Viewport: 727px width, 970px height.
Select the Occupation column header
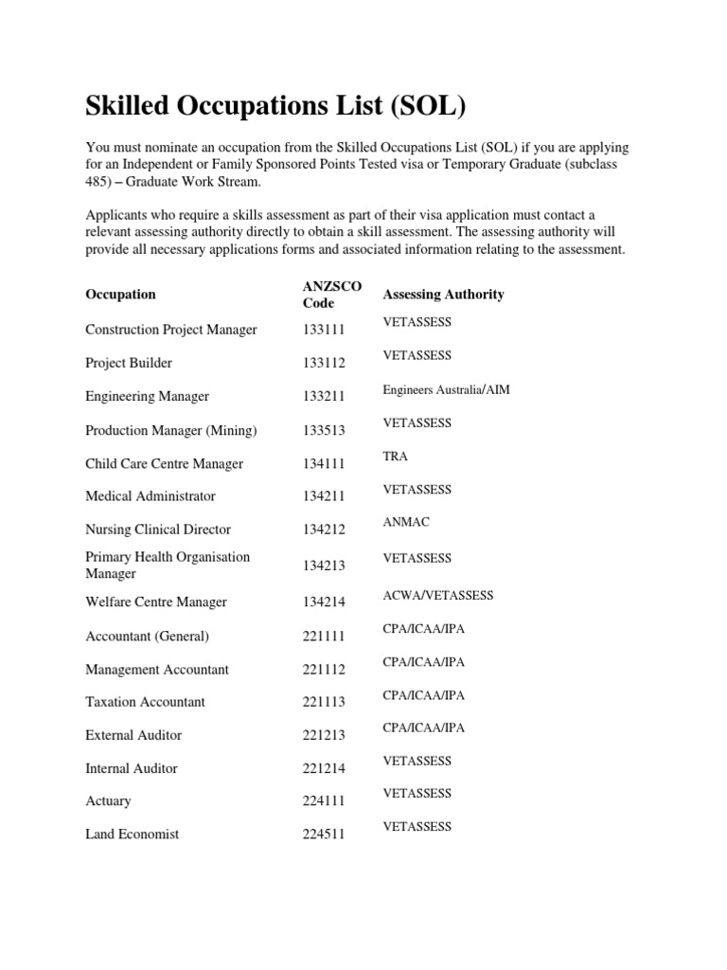(x=120, y=294)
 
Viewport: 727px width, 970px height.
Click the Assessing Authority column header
(x=443, y=294)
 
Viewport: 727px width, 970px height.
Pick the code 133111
(x=324, y=330)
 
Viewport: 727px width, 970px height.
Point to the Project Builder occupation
(x=129, y=363)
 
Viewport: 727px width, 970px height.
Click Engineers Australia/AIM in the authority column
(x=446, y=389)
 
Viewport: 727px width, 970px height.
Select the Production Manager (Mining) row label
(x=170, y=430)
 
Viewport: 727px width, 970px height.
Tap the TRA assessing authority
(x=395, y=456)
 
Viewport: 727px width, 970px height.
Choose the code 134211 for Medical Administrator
(x=324, y=496)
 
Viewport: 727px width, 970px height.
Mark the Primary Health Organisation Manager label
(x=168, y=565)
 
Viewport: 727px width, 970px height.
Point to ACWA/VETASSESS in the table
(x=437, y=595)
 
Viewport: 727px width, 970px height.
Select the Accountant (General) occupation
(x=147, y=636)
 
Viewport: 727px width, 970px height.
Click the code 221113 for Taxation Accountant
(x=324, y=702)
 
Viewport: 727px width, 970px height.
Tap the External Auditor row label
(x=133, y=735)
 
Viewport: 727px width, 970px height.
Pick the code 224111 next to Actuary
(x=324, y=801)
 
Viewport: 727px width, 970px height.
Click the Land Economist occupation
(x=132, y=835)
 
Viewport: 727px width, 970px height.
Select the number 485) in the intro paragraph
(x=101, y=182)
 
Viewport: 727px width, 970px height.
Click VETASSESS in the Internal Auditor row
(x=417, y=761)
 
